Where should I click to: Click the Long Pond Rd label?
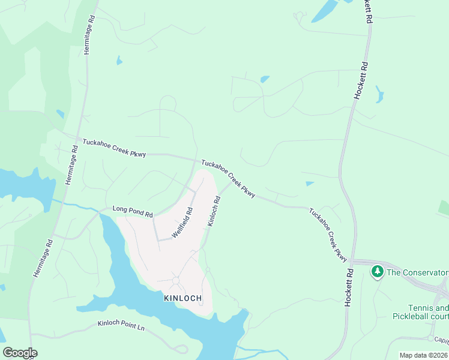[x=133, y=211]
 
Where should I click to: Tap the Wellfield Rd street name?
[x=182, y=223]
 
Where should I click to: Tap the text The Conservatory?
[x=417, y=272]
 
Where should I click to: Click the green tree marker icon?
[x=377, y=272]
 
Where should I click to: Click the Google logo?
[x=20, y=353]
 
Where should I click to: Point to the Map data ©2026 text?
[x=424, y=355]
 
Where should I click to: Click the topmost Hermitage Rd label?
[x=89, y=36]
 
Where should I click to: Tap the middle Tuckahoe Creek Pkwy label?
[x=228, y=178]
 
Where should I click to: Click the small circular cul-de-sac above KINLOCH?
[x=176, y=280]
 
